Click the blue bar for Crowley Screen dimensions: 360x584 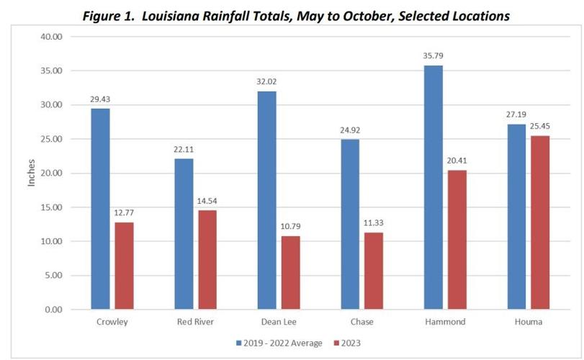pos(100,209)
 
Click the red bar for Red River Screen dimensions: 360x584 pos(207,260)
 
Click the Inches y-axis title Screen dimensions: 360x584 pos(31,174)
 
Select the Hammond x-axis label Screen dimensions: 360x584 pos(445,322)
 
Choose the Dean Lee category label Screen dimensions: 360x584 pos(278,322)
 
